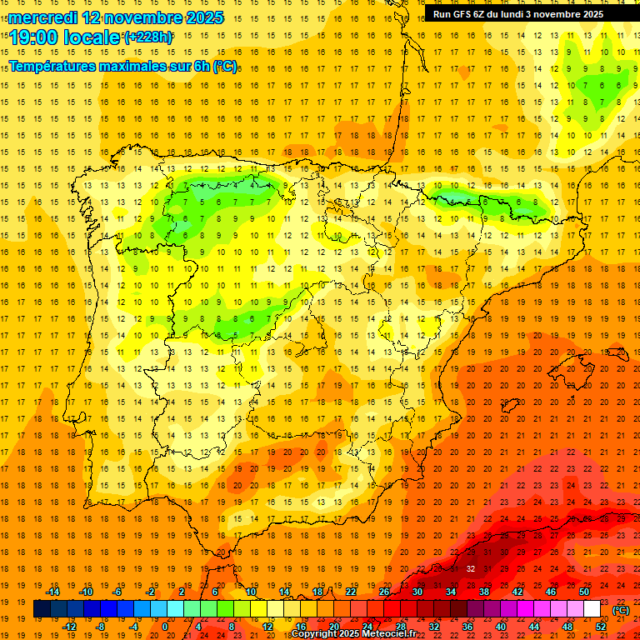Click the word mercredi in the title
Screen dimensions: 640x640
point(44,17)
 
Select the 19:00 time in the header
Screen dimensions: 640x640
point(34,37)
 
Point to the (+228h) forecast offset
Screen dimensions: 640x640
point(148,37)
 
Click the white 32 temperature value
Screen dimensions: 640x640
point(472,569)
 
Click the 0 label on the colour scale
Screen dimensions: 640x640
point(165,627)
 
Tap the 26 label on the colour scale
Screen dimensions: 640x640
point(384,592)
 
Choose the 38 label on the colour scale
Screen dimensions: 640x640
point(484,592)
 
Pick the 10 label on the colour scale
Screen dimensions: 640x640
point(250,592)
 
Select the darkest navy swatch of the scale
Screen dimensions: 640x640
point(42,609)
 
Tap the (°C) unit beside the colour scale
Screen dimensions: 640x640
point(620,610)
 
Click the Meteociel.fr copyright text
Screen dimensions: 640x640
point(353,634)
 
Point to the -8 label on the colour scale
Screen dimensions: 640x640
point(100,627)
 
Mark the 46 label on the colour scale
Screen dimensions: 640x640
point(551,592)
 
